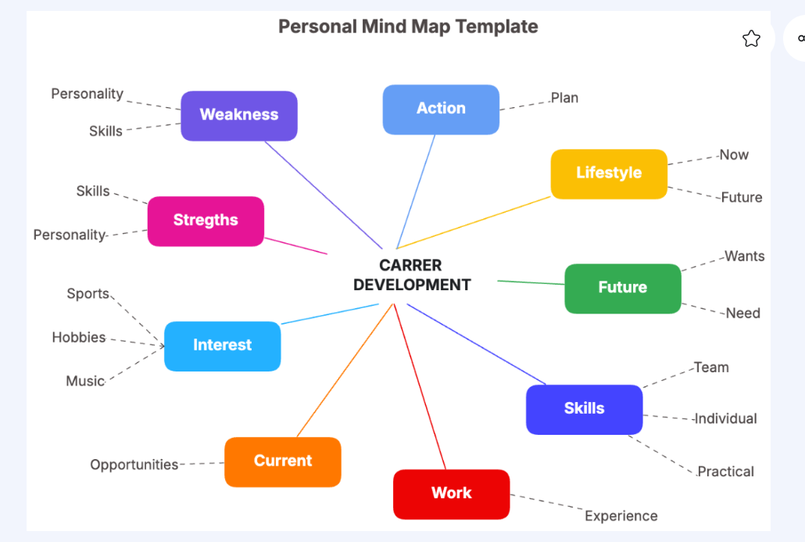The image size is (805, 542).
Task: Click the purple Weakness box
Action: [239, 115]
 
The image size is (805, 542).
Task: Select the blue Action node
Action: [441, 109]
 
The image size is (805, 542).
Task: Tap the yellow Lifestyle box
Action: [609, 173]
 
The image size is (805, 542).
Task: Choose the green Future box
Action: [623, 288]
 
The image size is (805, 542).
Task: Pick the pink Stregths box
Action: [206, 221]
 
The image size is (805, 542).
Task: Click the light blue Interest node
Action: [222, 345]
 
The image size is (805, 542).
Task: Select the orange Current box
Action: [283, 461]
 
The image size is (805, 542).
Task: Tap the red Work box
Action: [452, 494]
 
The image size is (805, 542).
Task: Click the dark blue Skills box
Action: [584, 409]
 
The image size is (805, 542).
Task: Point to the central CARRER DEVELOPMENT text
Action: [412, 275]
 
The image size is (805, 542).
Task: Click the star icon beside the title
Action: [751, 39]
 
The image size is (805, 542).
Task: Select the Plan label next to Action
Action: [564, 98]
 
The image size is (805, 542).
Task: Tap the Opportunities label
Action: [134, 465]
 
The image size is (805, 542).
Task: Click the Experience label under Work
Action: [621, 516]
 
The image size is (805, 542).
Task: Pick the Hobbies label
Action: [79, 338]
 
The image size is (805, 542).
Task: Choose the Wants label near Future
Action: [744, 257]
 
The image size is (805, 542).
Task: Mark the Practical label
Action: [725, 472]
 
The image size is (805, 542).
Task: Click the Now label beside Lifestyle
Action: [734, 155]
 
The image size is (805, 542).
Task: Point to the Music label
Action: [85, 382]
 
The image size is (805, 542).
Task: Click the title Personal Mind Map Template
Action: [408, 27]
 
